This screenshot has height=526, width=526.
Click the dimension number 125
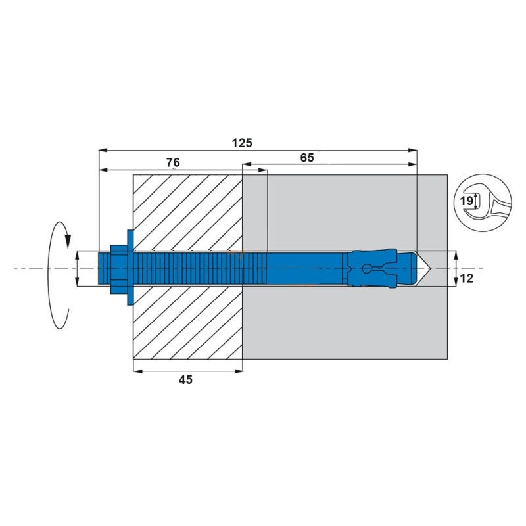tap(242, 142)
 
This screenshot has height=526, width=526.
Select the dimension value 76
tap(173, 162)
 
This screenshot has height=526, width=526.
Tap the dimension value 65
tap(307, 158)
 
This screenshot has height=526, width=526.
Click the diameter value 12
tap(466, 279)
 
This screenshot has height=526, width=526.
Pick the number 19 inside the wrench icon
tap(466, 201)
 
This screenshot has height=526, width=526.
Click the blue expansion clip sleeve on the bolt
tap(373, 268)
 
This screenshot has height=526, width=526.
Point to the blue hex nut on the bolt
tap(117, 268)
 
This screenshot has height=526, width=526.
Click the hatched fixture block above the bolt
tap(187, 210)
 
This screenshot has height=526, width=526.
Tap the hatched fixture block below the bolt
tap(187, 322)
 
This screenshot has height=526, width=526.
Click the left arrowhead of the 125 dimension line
tap(102, 151)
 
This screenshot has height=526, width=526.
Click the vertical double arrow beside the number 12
tap(456, 268)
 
